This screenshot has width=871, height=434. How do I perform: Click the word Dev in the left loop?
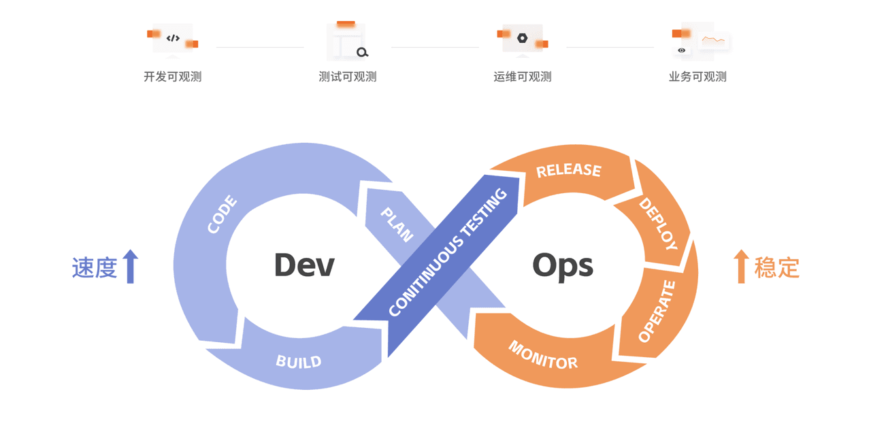[x=304, y=265]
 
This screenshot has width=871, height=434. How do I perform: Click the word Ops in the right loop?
[x=563, y=267]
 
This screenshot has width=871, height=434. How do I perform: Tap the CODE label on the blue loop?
[x=222, y=214]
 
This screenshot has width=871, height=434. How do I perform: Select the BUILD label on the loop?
[x=299, y=362]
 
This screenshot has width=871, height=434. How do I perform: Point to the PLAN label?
[x=397, y=224]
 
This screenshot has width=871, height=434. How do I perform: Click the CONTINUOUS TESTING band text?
[x=448, y=252]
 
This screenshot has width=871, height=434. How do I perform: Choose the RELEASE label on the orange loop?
[x=568, y=170]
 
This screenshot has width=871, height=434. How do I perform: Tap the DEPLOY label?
[x=658, y=224]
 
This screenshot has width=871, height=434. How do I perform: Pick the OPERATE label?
[x=657, y=311]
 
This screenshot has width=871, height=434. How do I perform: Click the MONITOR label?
[x=543, y=355]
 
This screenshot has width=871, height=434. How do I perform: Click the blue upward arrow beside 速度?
[x=131, y=267]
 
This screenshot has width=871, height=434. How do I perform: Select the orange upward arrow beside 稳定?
[x=741, y=267]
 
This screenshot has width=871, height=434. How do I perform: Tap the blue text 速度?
[x=95, y=267]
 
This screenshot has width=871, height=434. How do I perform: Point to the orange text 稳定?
[x=777, y=267]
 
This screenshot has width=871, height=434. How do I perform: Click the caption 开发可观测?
[x=173, y=77]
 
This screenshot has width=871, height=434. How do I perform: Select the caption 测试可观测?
[x=348, y=77]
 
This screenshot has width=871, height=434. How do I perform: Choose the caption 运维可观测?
[x=523, y=77]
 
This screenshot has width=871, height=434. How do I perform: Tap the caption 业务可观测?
[x=697, y=77]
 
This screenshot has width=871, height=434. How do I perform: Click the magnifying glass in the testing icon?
[x=362, y=52]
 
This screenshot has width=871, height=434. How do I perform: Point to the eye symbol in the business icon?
[x=681, y=50]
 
